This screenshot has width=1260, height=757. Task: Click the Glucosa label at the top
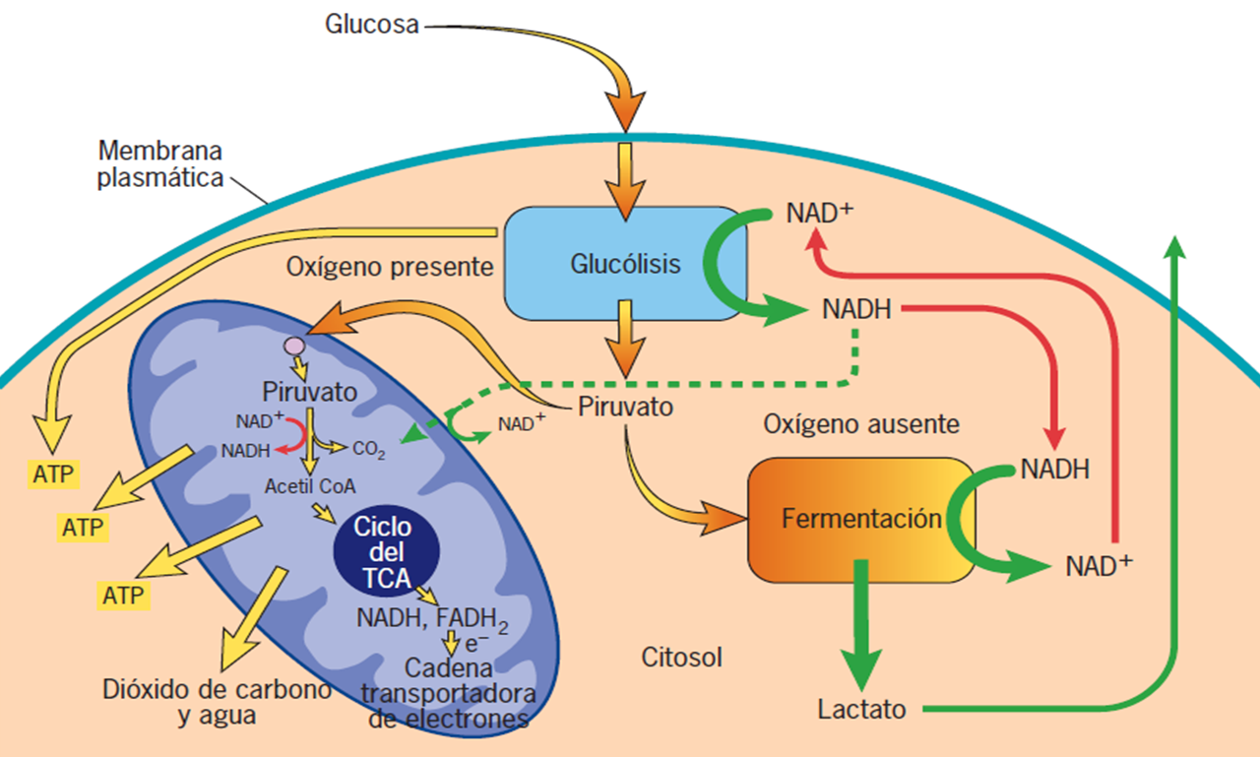pos(372,23)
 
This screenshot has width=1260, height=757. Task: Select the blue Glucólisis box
pos(624,264)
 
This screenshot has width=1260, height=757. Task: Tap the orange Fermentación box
pos(860,520)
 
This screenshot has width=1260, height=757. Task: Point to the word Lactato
pos(861,709)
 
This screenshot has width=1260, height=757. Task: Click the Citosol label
pos(681,657)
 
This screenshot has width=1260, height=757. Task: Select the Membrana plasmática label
pos(160,165)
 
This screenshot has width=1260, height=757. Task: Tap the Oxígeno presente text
pos(389,266)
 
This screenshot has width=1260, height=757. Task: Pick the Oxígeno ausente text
pos(860,424)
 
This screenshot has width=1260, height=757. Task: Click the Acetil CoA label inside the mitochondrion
pos(310,485)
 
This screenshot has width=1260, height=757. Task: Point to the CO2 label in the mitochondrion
pos(369,452)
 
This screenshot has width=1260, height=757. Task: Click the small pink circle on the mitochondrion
pos(293,347)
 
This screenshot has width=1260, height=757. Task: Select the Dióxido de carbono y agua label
pos(217,702)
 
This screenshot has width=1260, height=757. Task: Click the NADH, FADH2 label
pos(433,619)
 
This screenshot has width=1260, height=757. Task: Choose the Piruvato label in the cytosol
pos(625,407)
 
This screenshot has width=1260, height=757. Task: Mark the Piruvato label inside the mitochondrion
pos(309,394)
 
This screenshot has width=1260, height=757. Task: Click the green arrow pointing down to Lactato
pos(862,620)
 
